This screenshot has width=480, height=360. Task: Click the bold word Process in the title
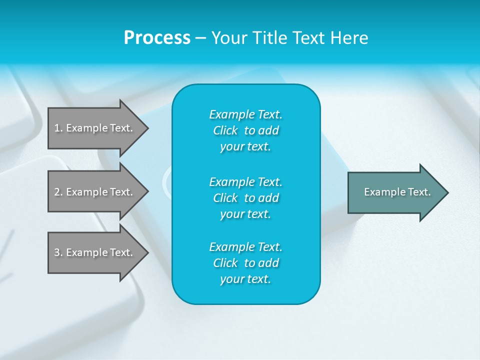(x=157, y=38)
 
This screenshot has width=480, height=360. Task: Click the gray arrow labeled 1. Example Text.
(x=95, y=128)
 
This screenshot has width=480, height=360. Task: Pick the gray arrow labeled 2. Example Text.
(x=95, y=192)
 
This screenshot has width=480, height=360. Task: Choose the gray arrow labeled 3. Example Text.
(x=95, y=252)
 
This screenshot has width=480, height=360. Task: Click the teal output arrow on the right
(x=395, y=192)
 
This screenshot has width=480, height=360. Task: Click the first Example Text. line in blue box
(x=245, y=114)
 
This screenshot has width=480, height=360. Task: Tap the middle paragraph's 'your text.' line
(x=245, y=214)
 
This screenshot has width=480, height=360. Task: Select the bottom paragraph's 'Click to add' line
(x=245, y=263)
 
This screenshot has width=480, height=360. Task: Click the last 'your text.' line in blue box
(x=245, y=279)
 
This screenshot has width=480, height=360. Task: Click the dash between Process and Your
(x=200, y=38)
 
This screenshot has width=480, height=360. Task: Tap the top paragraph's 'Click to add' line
(x=245, y=130)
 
